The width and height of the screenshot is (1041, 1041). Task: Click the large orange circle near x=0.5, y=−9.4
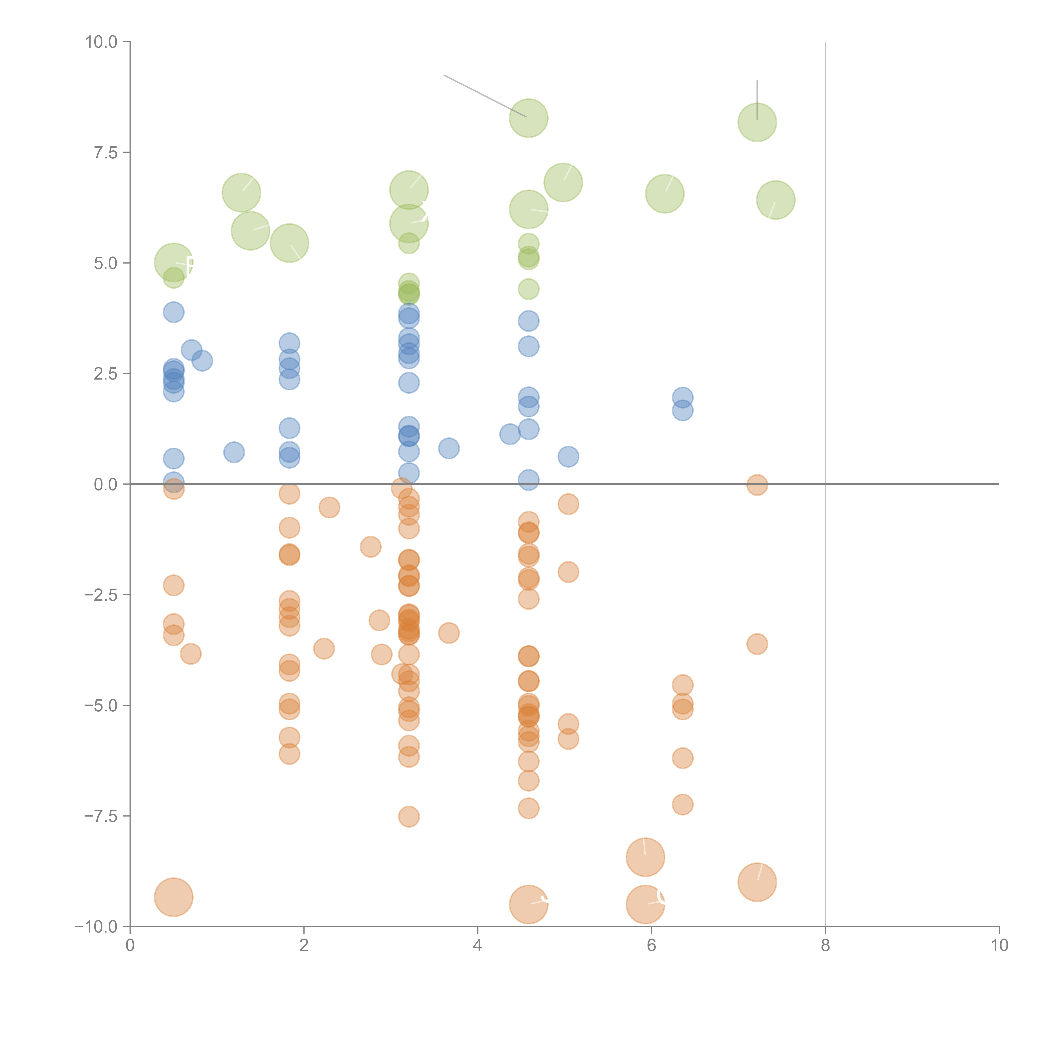[173, 897]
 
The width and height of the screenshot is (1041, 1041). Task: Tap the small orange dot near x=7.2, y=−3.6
[757, 644]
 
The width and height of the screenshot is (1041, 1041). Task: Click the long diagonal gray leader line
[485, 96]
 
